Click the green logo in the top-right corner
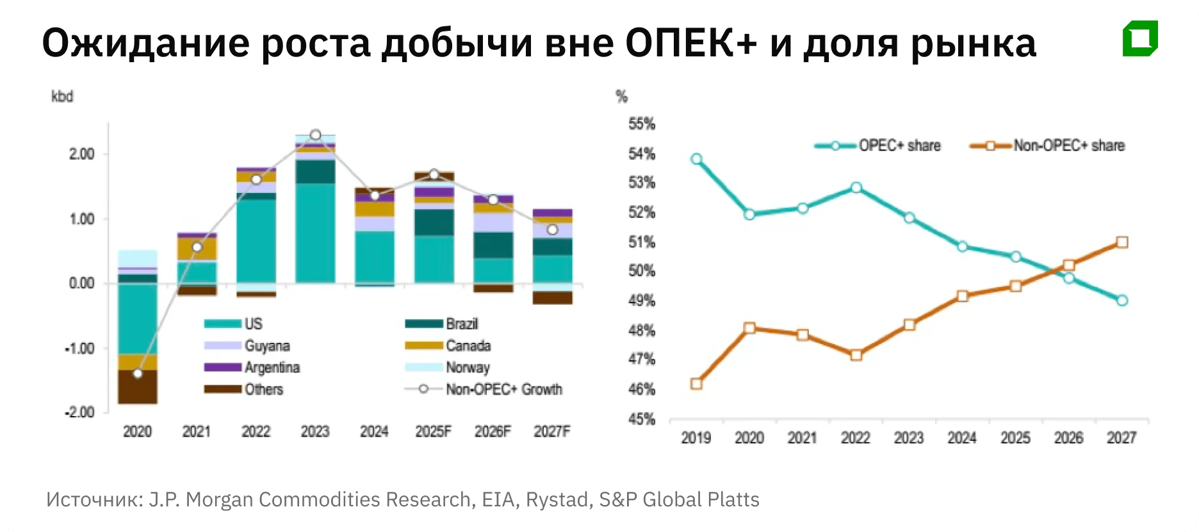click(1140, 38)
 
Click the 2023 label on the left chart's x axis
click(314, 431)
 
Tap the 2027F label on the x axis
click(552, 431)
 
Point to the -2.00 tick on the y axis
click(79, 412)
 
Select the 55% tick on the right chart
click(642, 124)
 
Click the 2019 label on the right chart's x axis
click(696, 438)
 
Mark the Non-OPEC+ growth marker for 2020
click(138, 374)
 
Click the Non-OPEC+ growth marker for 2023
click(315, 135)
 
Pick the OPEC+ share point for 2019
click(697, 159)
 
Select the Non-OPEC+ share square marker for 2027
click(1122, 242)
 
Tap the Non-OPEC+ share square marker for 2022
click(856, 355)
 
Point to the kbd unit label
click(62, 97)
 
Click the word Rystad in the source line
click(558, 499)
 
